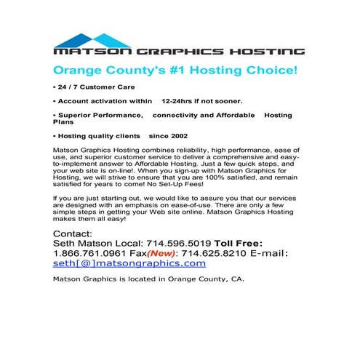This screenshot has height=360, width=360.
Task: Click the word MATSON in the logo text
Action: [82, 52]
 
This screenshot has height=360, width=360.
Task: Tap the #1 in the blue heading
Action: [178, 71]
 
